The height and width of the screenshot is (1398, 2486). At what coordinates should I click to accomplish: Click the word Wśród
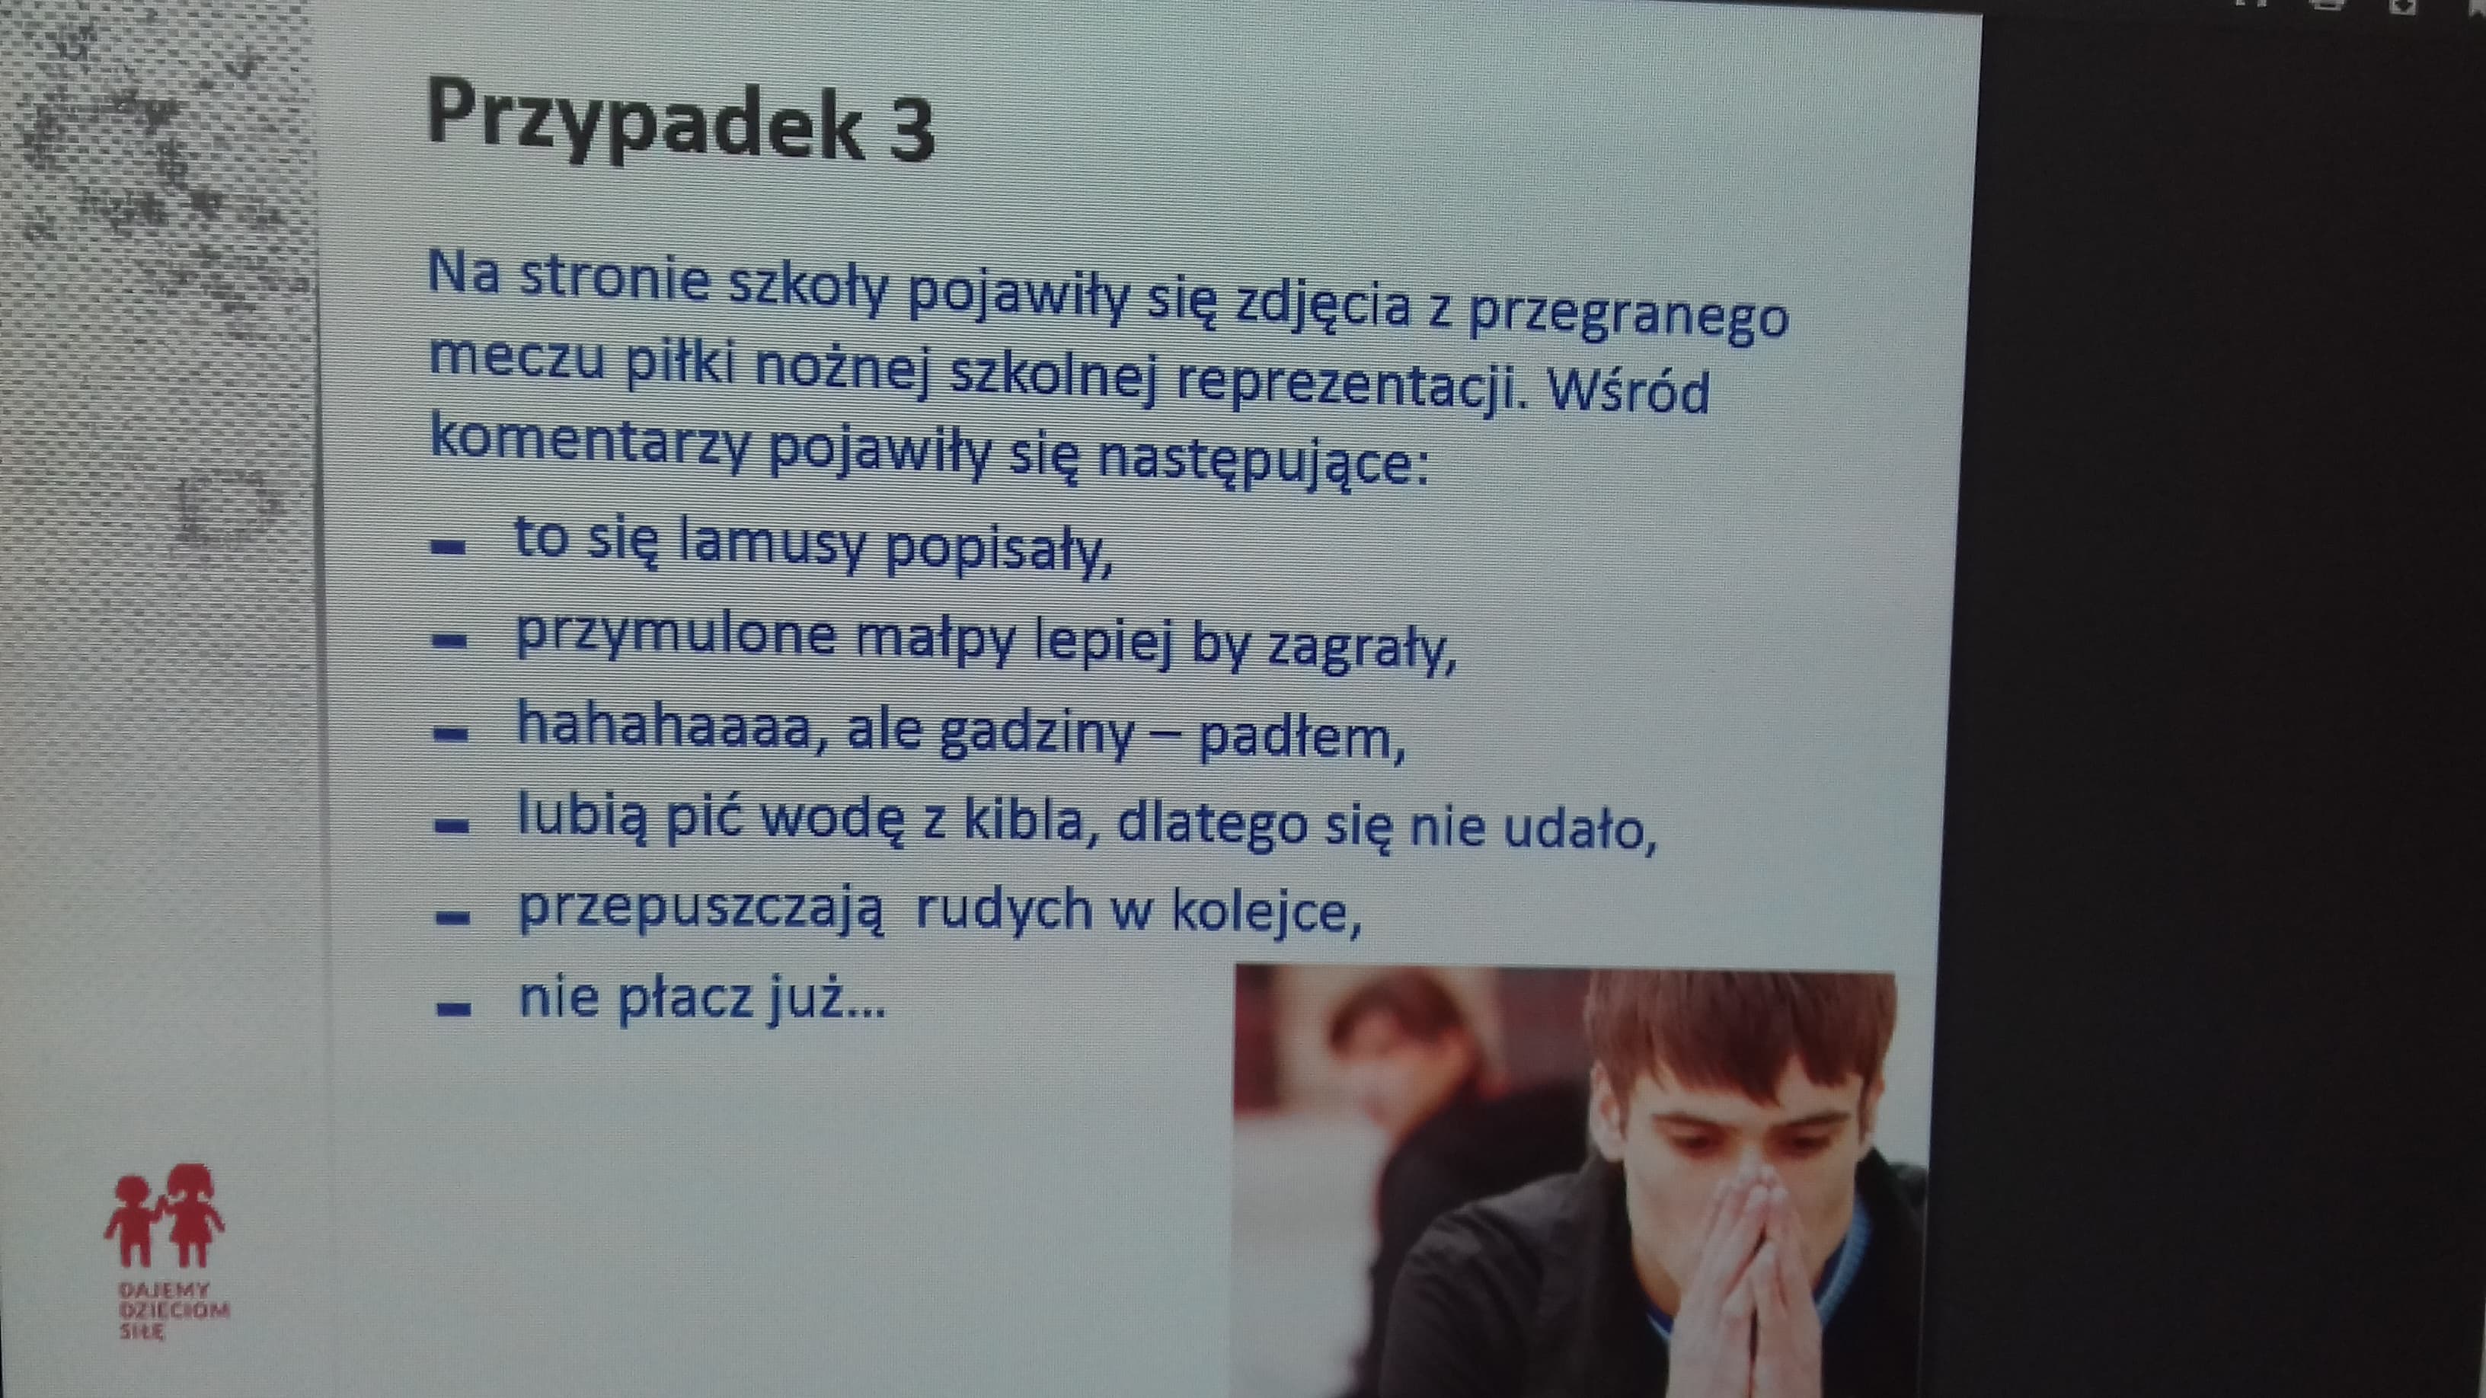click(x=1628, y=390)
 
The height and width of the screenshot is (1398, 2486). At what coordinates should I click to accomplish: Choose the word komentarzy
click(x=590, y=441)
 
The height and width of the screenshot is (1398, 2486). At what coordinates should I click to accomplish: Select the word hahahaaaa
click(x=664, y=726)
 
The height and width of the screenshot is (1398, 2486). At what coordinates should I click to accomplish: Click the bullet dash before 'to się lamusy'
click(x=449, y=547)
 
